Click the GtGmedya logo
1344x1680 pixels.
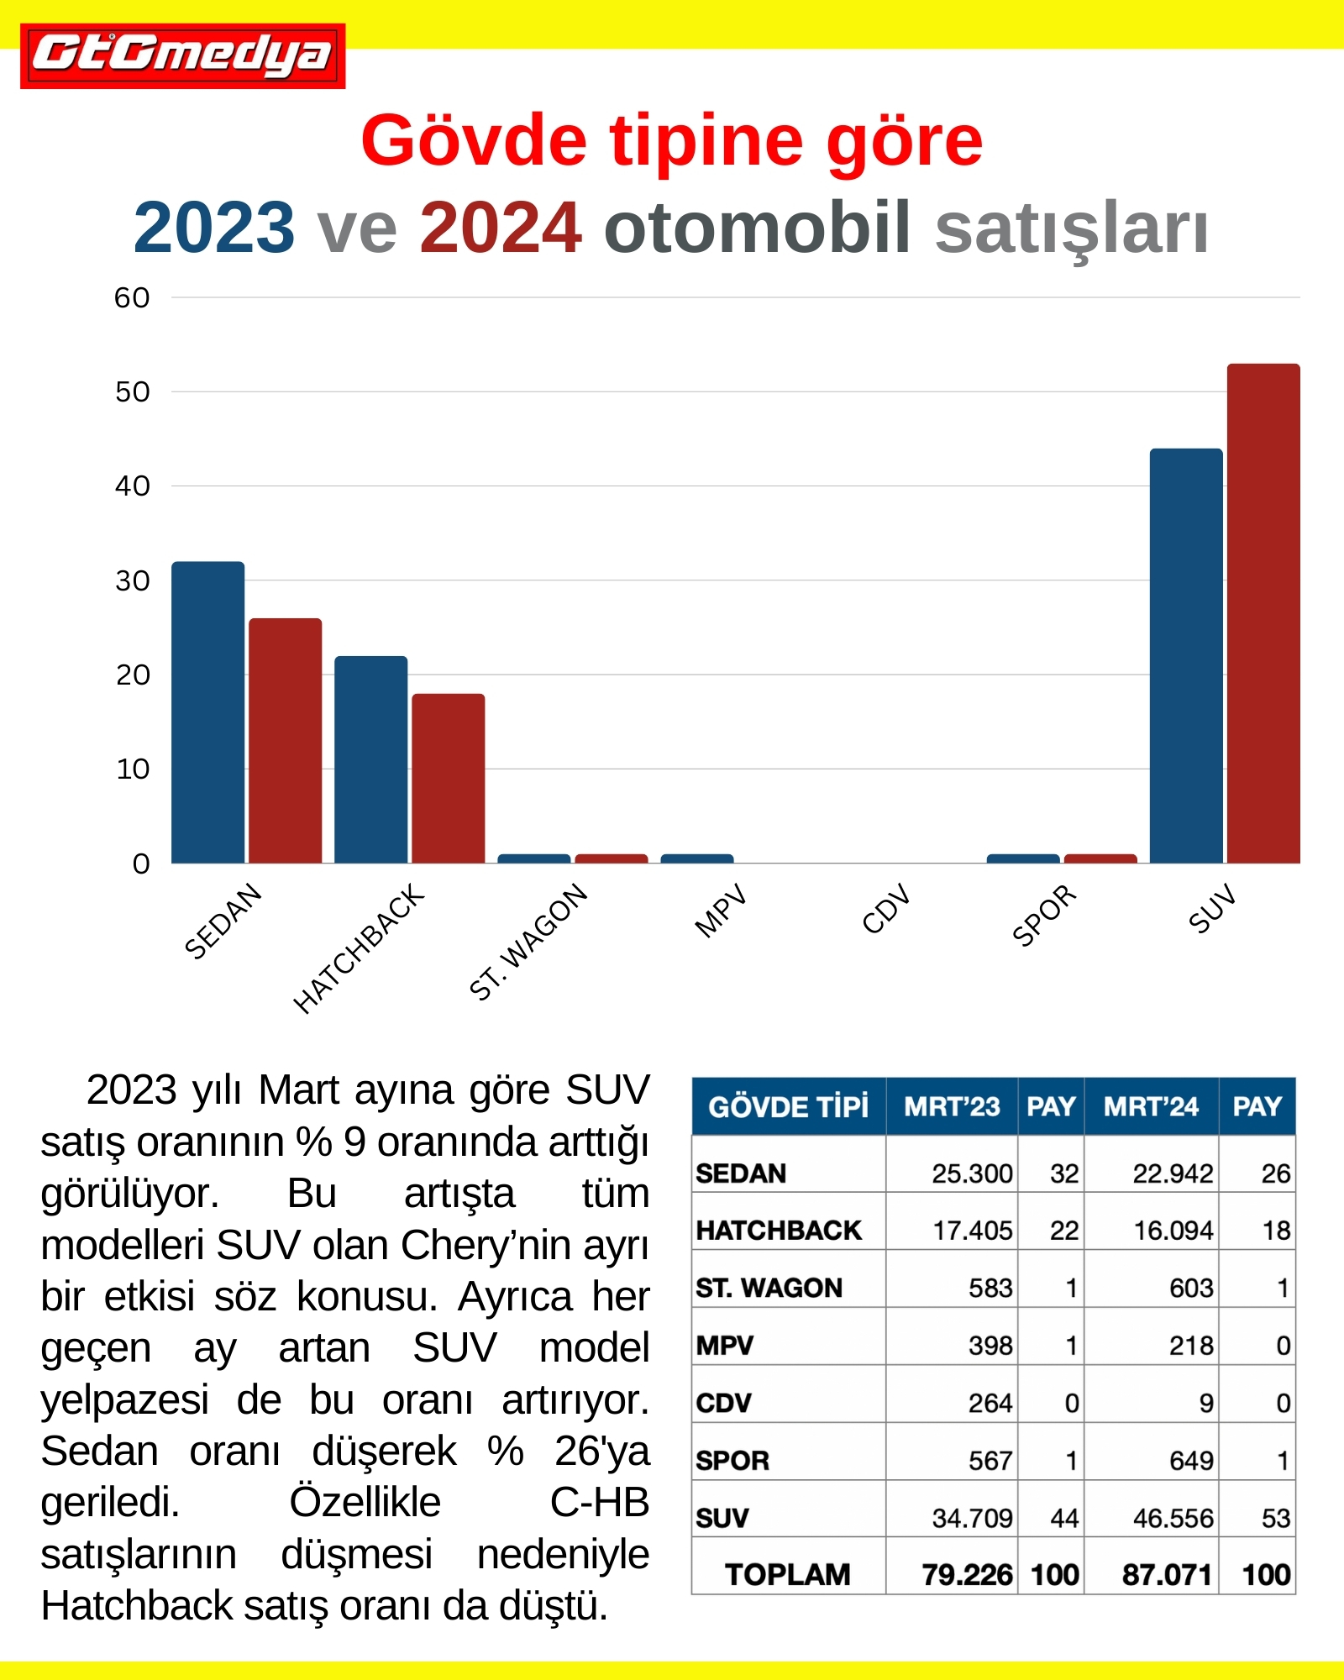[182, 55]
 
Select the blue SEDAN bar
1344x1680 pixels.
[207, 712]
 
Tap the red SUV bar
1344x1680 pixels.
[1263, 613]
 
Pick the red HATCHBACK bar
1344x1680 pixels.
[448, 778]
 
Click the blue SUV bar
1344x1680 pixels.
[1185, 655]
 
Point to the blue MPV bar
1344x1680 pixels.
[696, 858]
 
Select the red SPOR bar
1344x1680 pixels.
[1100, 858]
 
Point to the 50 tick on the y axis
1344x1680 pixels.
[133, 391]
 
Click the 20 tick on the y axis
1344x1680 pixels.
[133, 675]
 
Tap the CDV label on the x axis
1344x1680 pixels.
[886, 909]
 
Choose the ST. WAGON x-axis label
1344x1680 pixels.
[528, 942]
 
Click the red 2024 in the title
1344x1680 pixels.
[501, 228]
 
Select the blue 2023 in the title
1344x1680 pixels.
[214, 228]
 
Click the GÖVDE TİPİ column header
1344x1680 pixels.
[788, 1106]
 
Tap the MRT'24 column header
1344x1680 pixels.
[1150, 1106]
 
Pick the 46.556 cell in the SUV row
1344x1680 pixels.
[1173, 1518]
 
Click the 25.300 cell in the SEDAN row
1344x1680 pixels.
[972, 1173]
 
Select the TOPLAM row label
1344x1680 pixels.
[787, 1574]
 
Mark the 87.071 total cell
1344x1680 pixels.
[1167, 1574]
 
